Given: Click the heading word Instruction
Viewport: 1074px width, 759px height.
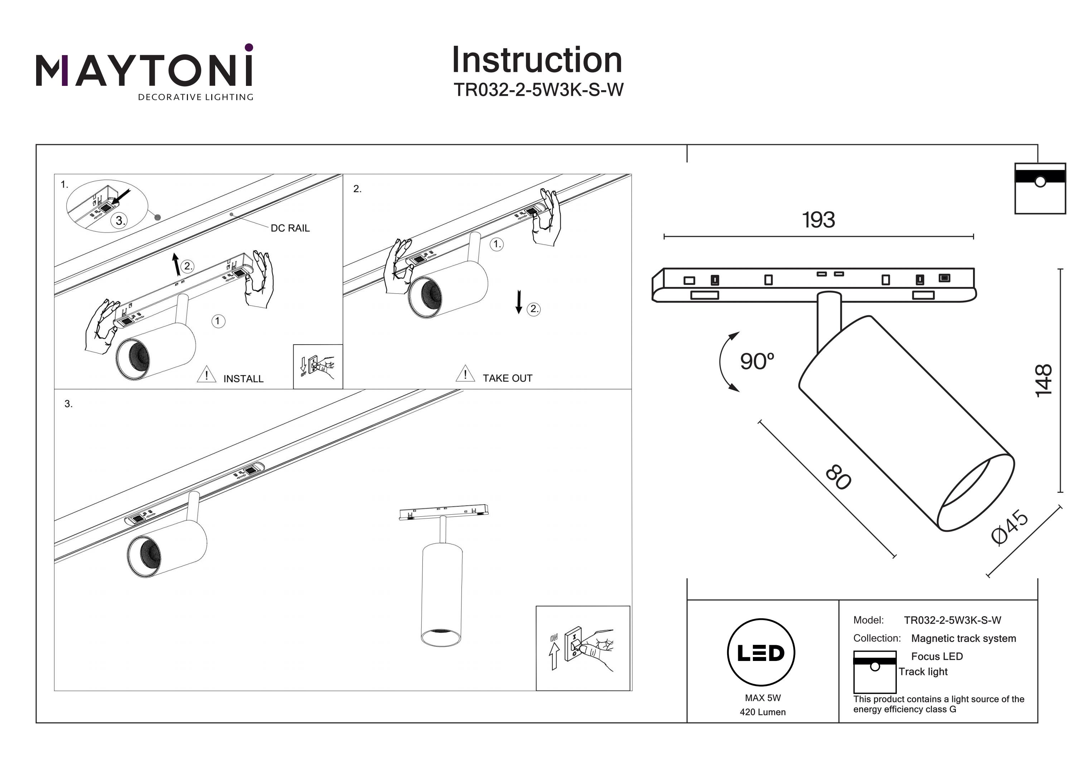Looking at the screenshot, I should [x=537, y=60].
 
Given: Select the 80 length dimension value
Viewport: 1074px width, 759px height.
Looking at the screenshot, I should [x=838, y=477].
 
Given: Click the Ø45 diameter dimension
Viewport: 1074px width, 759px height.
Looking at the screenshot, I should [x=1010, y=529].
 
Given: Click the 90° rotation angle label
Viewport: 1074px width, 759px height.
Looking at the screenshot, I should [x=756, y=361].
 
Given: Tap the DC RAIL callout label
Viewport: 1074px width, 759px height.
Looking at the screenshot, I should [x=290, y=228].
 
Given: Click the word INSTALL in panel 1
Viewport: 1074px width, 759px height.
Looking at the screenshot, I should [x=243, y=379].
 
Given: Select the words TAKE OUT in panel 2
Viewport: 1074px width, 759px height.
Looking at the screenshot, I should [x=508, y=378].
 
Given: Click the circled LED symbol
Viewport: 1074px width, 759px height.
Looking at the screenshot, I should [x=761, y=653].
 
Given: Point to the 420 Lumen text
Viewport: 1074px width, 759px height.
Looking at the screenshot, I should [x=763, y=712].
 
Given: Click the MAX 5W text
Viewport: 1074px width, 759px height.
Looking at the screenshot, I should [x=763, y=698].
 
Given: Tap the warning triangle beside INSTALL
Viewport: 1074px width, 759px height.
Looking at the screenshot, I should [x=206, y=375].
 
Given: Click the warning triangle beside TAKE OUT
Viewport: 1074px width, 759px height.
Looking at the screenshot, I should [x=465, y=374].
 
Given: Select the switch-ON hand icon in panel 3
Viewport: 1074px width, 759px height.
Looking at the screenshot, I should [x=583, y=648].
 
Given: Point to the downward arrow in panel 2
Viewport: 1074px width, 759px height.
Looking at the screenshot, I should [x=518, y=302].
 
